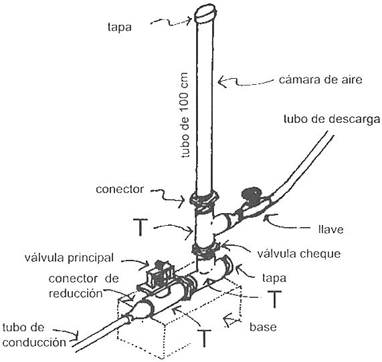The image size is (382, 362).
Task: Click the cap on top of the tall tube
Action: pos(206,13)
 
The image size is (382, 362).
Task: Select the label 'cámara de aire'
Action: pos(320,79)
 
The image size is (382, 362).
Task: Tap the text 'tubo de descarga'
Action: pos(332,120)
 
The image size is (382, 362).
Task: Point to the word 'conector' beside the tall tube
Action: pos(120,189)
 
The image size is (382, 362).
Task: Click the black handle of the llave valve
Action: pos(251,194)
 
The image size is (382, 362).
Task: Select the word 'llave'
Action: pos(331,229)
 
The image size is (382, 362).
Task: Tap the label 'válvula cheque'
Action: pos(299,254)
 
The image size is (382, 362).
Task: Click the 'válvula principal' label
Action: pos(69,258)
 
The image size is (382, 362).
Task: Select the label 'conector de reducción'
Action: pos(84,286)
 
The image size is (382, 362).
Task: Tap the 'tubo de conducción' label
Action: pos(34,335)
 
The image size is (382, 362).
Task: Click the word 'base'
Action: pos(263,327)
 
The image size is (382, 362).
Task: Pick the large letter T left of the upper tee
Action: pos(140,227)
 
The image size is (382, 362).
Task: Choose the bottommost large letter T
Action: pos(204,338)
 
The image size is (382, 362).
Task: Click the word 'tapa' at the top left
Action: pos(120,27)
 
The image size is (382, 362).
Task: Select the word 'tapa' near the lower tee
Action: pos(274,278)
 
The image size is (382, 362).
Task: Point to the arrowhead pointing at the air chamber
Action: pos(222,81)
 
